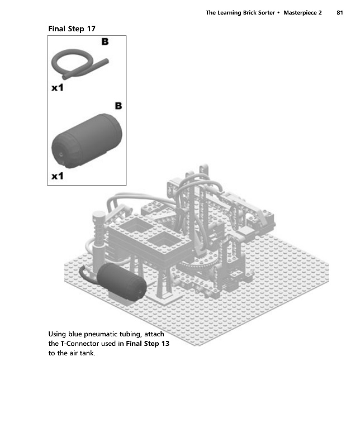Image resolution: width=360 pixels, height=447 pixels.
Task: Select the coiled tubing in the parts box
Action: [76, 64]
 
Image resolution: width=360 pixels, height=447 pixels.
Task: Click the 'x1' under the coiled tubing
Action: [58, 88]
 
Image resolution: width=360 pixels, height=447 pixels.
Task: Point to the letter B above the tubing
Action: [105, 41]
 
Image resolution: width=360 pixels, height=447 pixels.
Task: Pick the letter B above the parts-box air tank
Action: [118, 105]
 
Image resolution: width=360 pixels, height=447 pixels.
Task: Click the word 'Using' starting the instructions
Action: [58, 334]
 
